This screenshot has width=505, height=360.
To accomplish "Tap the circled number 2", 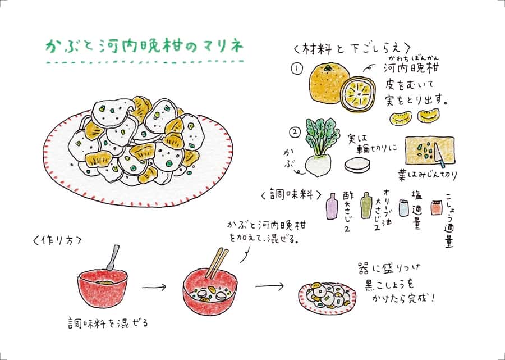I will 296,134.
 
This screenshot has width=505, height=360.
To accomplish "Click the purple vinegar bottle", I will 332,206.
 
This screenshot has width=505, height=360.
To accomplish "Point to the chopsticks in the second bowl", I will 216,264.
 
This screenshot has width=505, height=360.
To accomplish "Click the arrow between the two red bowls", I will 154,287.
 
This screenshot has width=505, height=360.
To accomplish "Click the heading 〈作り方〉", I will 62,240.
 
